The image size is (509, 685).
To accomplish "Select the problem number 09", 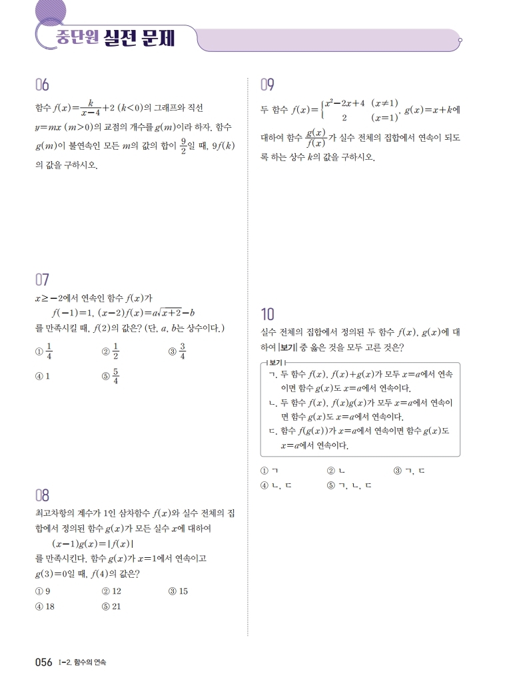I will pyautogui.click(x=268, y=85).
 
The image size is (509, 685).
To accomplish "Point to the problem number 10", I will pyautogui.click(x=268, y=314).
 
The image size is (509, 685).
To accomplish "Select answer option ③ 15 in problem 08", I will pyautogui.click(x=178, y=591).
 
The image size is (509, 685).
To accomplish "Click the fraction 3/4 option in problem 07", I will pyautogui.click(x=182, y=351).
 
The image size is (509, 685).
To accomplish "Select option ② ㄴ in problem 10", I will pyautogui.click(x=334, y=471).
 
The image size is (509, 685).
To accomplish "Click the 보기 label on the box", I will pyautogui.click(x=275, y=363).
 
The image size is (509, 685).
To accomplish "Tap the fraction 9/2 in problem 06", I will pyautogui.click(x=183, y=146).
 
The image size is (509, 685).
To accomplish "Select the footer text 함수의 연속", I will pyautogui.click(x=91, y=662).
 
